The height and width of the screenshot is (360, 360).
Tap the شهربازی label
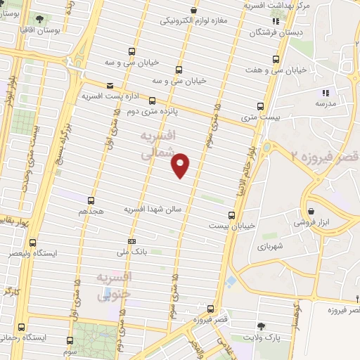tap(269, 247)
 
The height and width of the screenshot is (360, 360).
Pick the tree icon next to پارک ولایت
tap(262, 326)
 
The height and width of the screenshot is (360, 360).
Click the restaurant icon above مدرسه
tap(325, 92)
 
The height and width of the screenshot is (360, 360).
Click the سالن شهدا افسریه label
tap(153, 210)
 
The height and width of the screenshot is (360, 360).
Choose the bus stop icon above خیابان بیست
tap(232, 215)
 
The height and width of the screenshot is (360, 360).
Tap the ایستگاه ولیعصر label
tap(41, 251)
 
